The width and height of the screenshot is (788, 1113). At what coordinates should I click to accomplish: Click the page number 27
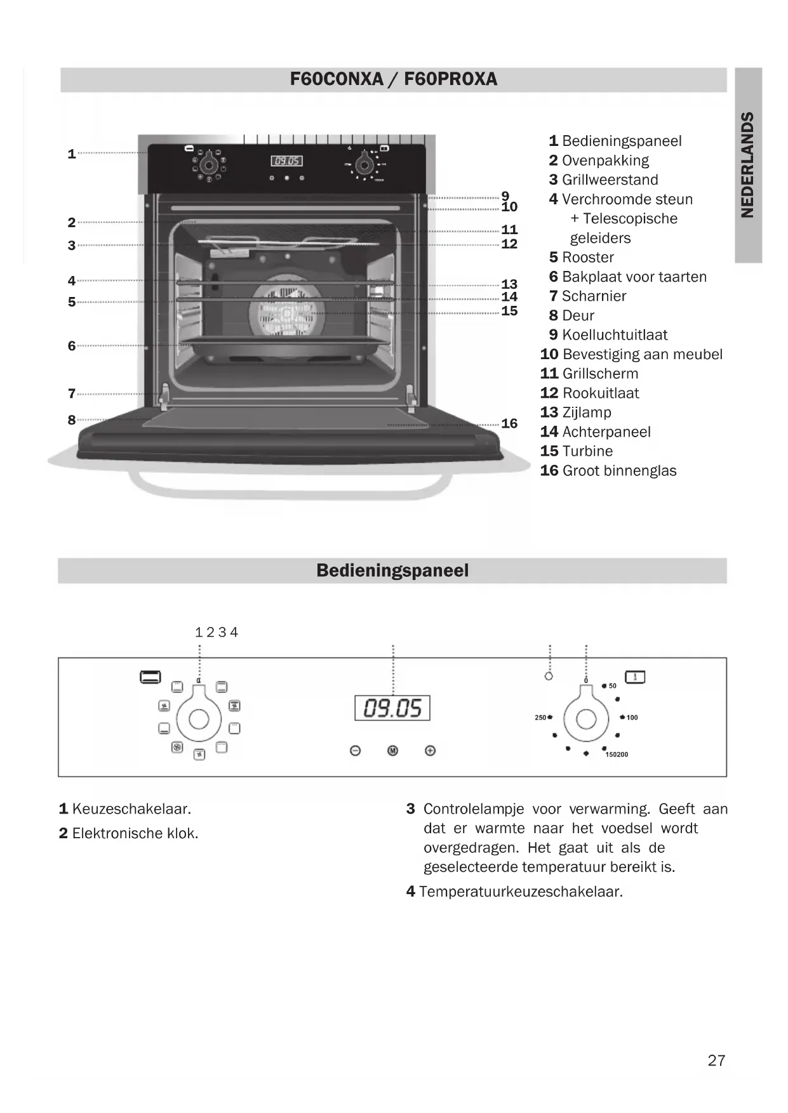point(716,1060)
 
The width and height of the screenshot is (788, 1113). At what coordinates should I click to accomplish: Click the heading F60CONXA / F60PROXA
point(393,79)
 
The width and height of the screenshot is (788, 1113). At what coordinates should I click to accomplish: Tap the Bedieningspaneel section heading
point(392,570)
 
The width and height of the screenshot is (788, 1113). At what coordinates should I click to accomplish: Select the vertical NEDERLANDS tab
point(747,165)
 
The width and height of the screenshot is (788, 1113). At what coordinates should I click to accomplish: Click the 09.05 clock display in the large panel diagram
point(392,708)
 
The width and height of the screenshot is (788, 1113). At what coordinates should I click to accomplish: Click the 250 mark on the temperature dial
point(540,718)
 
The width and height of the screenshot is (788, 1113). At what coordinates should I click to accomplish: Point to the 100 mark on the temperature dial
point(632,718)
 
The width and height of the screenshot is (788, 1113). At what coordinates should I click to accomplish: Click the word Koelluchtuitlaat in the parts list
point(615,335)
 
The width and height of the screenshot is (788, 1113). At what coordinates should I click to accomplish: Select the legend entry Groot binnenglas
point(619,471)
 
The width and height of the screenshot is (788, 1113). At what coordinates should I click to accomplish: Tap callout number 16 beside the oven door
point(509,424)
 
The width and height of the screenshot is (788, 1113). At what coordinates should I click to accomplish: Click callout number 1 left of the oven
point(72,154)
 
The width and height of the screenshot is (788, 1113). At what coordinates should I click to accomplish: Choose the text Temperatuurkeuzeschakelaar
point(521,892)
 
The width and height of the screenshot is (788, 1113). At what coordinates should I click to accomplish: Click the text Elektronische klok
point(135,833)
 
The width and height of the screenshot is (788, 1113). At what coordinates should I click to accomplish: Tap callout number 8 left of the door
point(72,420)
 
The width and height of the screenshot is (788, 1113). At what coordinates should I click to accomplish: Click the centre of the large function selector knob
point(199,719)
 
